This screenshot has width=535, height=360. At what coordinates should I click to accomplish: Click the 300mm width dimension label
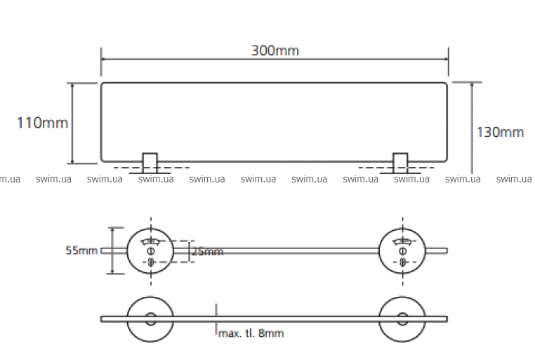tap(275, 51)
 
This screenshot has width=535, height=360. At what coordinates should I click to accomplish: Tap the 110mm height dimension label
tap(43, 123)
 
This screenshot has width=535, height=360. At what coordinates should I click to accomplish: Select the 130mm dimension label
tap(501, 132)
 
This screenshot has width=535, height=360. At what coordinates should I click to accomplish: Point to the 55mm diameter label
tap(81, 251)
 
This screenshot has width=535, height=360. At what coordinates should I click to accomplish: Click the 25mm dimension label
tap(207, 251)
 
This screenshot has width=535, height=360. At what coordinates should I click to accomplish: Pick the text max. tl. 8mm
tap(251, 333)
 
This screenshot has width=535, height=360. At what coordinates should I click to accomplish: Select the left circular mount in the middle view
tap(150, 251)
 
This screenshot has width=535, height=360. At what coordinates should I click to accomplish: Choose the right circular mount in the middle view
tap(402, 251)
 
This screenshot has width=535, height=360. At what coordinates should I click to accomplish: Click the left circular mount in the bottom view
tap(150, 319)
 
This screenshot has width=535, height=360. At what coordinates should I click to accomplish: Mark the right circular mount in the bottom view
tap(402, 319)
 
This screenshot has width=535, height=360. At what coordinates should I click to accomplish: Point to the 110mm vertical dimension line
tap(72, 123)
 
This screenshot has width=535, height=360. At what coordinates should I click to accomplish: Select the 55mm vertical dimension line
tap(111, 251)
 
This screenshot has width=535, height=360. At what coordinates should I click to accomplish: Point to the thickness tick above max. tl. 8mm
tap(216, 311)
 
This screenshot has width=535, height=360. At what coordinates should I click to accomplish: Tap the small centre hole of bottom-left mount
tap(150, 319)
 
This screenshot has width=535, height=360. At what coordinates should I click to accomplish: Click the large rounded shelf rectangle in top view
tap(275, 123)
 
